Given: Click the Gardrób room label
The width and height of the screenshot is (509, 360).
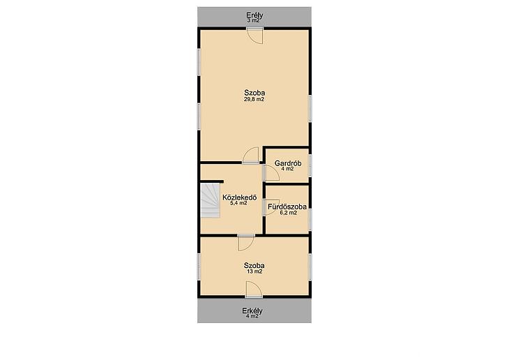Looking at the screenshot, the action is pyautogui.click(x=287, y=163).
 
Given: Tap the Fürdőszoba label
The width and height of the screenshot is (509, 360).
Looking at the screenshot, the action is pyautogui.click(x=287, y=207).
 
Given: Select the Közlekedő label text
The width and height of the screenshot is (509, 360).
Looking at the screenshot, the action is pyautogui.click(x=240, y=197).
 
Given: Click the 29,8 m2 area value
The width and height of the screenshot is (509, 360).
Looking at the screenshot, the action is pyautogui.click(x=254, y=100).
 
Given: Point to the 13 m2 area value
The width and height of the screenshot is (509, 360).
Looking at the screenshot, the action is pyautogui.click(x=254, y=271).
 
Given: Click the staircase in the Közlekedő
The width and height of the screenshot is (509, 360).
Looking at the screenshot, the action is pyautogui.click(x=211, y=201).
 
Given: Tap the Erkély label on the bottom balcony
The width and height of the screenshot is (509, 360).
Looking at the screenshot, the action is pyautogui.click(x=252, y=311).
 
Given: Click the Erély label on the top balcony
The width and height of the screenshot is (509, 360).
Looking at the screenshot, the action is pyautogui.click(x=254, y=15).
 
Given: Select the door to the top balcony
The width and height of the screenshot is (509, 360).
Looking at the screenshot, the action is pyautogui.click(x=254, y=36).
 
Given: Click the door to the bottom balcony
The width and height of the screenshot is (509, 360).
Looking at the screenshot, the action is pyautogui.click(x=254, y=290).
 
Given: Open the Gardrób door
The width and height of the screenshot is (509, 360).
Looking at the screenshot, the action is pyautogui.click(x=271, y=172).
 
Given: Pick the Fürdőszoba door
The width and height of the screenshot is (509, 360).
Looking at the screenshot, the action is pyautogui.click(x=271, y=207).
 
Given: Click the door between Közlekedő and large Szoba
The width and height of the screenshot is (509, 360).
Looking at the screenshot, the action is pyautogui.click(x=250, y=156).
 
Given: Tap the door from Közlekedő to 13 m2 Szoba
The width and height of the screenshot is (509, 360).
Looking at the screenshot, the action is pyautogui.click(x=245, y=242).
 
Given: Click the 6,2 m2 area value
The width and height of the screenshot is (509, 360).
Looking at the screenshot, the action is pyautogui.click(x=288, y=213).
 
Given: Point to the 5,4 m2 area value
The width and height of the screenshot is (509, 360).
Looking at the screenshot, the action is pyautogui.click(x=238, y=204).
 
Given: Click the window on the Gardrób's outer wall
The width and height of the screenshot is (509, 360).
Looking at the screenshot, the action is pyautogui.click(x=310, y=166).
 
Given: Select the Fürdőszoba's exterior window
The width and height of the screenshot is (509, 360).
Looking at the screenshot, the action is pyautogui.click(x=310, y=220).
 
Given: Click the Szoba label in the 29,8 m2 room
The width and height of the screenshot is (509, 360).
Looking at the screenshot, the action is pyautogui.click(x=254, y=93).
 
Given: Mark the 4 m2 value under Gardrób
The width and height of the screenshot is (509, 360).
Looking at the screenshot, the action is pyautogui.click(x=287, y=170).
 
